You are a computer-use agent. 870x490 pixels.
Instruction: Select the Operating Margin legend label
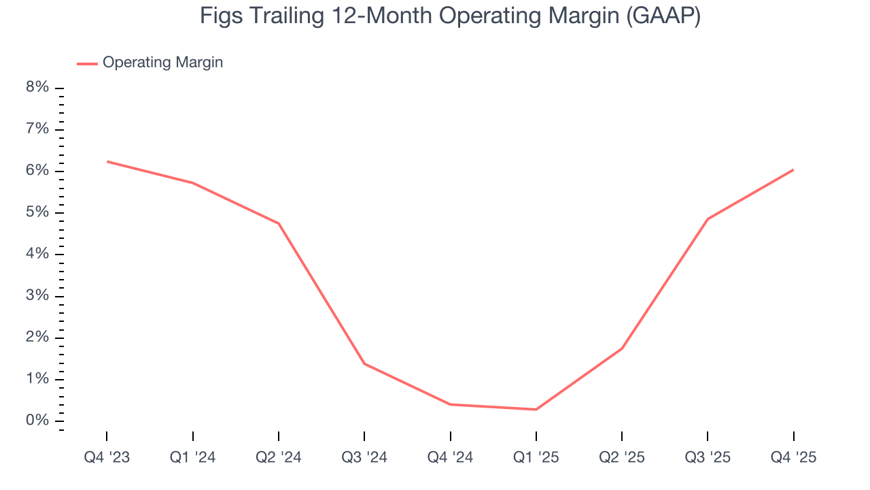[x=162, y=63]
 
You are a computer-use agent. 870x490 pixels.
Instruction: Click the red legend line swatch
[x=87, y=63]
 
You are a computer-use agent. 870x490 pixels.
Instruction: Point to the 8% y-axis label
[x=38, y=88]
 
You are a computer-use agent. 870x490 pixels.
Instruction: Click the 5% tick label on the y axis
[x=38, y=212]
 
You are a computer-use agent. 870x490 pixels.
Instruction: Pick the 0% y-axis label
[x=38, y=421]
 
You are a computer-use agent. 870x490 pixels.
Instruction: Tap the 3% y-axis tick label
[x=38, y=296]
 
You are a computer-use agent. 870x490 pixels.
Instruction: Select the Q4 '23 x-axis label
[x=107, y=457]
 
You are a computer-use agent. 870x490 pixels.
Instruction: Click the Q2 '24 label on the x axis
[x=279, y=457]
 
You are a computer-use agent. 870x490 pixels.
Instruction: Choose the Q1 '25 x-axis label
[x=536, y=457]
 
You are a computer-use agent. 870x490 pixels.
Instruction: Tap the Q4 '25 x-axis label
[x=793, y=457]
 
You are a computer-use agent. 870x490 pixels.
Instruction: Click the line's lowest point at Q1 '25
[x=536, y=409]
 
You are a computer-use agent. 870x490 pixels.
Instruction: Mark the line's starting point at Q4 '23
[x=107, y=161]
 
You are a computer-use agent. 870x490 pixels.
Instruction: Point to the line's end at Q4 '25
[x=793, y=169]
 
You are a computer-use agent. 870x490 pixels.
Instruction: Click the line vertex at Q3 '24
[x=364, y=363]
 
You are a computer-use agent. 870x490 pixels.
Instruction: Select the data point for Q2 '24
[x=279, y=223]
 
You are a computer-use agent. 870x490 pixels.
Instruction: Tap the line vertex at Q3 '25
[x=708, y=218]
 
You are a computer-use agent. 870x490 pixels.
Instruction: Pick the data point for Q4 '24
[x=451, y=404]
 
